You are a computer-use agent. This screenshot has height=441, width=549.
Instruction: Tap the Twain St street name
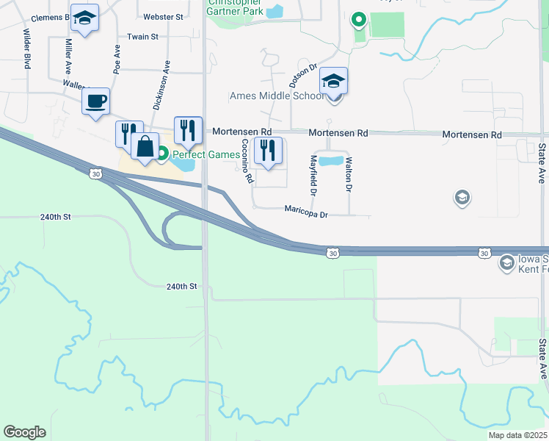point(142,36)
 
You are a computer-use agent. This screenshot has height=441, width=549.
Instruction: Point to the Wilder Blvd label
point(27,49)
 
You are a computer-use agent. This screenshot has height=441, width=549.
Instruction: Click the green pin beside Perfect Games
point(162,154)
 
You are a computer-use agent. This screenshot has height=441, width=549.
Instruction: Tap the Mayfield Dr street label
point(313,175)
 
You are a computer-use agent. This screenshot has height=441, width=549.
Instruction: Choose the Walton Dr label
point(349,174)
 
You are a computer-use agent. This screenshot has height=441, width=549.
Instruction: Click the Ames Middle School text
point(277,96)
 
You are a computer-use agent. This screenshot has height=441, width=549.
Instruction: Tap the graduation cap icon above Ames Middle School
point(333,81)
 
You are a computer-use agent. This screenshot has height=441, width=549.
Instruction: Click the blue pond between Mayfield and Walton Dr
point(330,160)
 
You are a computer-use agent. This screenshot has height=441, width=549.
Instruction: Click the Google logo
point(25,431)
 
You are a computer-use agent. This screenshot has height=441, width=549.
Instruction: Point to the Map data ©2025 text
point(517,435)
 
